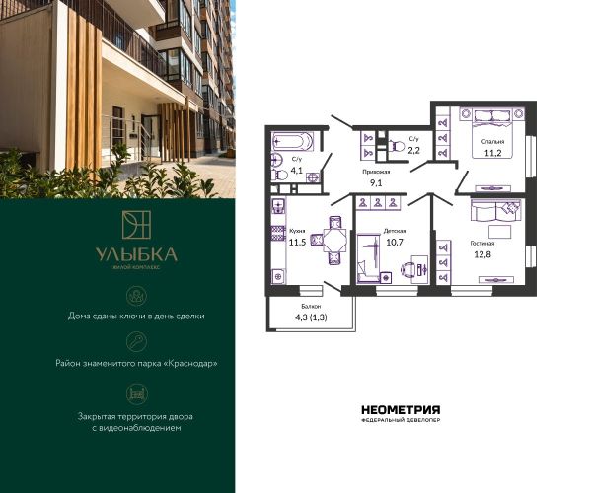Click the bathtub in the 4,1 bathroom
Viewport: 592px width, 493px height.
[x=292, y=142]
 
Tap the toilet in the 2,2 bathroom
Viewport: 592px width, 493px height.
[x=397, y=146]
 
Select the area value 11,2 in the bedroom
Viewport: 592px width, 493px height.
[x=492, y=153]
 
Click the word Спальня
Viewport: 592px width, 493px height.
[x=492, y=142]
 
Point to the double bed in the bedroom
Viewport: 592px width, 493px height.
[x=492, y=133]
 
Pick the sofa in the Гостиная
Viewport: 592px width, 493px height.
[x=495, y=210]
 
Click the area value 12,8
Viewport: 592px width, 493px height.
[x=482, y=254]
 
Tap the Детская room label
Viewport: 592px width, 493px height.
[x=395, y=231]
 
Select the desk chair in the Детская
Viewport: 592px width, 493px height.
[x=407, y=270]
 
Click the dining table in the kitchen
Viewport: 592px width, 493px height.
[x=334, y=240]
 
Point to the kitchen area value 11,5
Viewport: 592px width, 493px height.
[x=297, y=243]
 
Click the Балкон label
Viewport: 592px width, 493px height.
[x=311, y=307]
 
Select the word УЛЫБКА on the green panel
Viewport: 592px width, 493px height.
[x=136, y=255]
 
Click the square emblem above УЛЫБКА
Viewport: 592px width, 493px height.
[x=136, y=225]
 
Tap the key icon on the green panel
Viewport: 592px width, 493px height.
[x=137, y=342]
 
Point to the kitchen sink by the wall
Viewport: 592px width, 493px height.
[x=278, y=206]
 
